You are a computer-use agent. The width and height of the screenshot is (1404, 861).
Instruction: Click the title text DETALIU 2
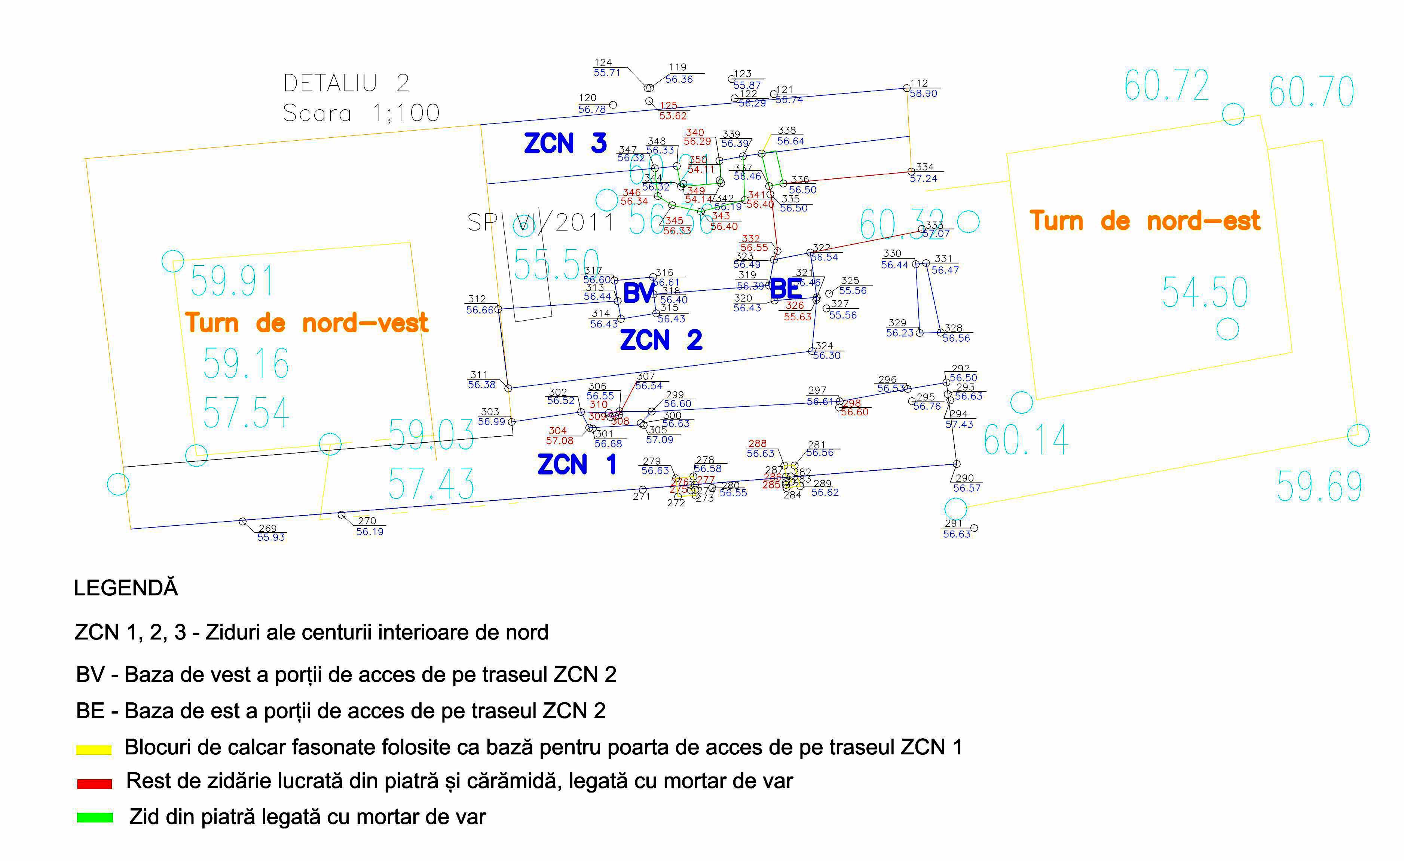[x=346, y=83]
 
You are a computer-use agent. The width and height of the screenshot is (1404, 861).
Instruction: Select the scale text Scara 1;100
[x=361, y=113]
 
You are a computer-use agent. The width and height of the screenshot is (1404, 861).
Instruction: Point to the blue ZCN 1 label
[x=576, y=464]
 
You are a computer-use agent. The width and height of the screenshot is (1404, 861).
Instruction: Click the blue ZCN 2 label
[x=661, y=340]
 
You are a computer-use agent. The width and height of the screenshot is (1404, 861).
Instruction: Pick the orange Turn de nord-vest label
[x=306, y=323]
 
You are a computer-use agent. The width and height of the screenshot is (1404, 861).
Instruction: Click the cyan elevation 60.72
[x=1166, y=85]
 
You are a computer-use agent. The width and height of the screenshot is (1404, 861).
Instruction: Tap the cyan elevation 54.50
[x=1205, y=292]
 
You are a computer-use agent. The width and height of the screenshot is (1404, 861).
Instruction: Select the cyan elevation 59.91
[x=232, y=281]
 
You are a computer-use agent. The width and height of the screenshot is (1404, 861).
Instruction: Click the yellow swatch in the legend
[x=94, y=749]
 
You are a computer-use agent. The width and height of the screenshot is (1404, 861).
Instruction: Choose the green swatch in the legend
[x=95, y=818]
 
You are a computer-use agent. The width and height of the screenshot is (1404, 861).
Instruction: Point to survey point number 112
[x=918, y=83]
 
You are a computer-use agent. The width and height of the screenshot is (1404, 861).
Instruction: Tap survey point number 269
[x=267, y=528]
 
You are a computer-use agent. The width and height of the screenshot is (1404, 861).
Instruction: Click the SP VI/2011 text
[x=540, y=222]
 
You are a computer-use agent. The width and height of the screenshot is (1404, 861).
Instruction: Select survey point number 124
[x=603, y=63]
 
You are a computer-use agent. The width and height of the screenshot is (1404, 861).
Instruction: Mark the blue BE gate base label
[x=786, y=289]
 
